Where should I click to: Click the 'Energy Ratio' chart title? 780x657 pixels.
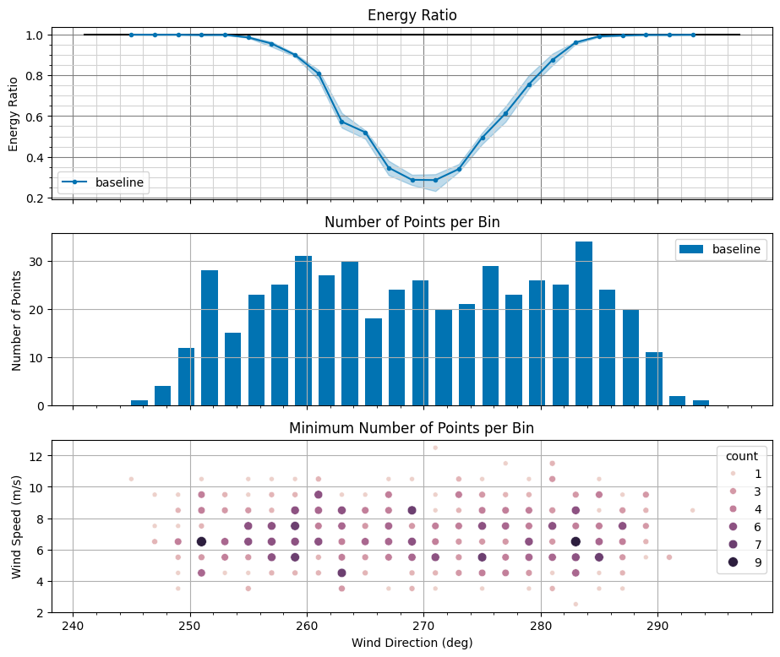click(412, 16)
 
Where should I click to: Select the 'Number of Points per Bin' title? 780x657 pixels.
click(412, 222)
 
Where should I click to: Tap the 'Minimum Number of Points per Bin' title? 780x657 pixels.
click(412, 428)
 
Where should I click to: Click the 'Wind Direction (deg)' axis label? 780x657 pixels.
click(412, 643)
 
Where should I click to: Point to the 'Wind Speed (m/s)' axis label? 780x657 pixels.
click(17, 526)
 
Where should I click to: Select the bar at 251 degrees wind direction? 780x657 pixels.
click(210, 338)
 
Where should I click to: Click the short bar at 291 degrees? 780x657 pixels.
click(678, 400)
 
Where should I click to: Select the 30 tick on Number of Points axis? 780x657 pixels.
click(37, 261)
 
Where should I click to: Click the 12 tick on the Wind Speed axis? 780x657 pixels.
click(37, 456)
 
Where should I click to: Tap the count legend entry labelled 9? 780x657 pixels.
click(757, 562)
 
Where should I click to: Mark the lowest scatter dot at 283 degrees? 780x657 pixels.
click(575, 604)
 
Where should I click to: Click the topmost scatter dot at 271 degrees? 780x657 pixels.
click(435, 448)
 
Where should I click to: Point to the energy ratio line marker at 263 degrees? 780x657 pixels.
click(341, 122)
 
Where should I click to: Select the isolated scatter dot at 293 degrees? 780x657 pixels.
click(692, 510)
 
